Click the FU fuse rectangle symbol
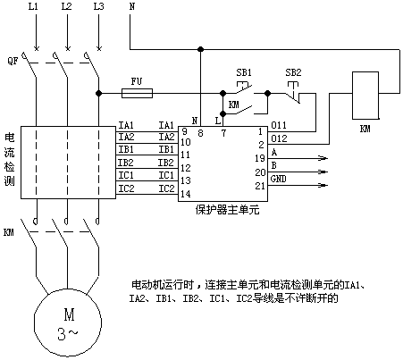point(137,93)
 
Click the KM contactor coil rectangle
point(365,96)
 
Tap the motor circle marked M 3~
point(68,322)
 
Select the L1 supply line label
point(33,6)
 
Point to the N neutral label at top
point(132,6)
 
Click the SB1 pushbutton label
point(244,72)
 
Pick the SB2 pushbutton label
point(293,72)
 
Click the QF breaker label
point(13,61)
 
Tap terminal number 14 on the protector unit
point(185,194)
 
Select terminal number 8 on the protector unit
point(200,133)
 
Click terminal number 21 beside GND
point(260,186)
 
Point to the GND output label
point(279,179)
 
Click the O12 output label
point(279,138)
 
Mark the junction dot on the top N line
point(201,49)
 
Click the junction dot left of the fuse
point(98,93)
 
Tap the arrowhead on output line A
point(323,158)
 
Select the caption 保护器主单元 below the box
point(228,210)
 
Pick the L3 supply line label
point(99,6)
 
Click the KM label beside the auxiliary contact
point(234,105)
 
